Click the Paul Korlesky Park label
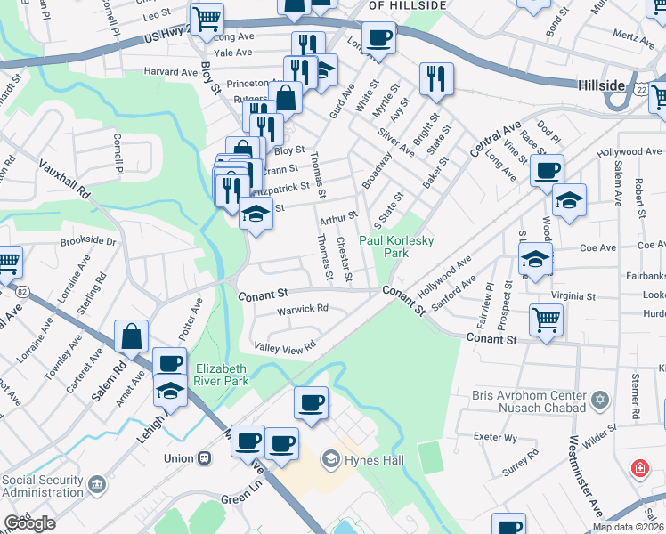click(384, 247)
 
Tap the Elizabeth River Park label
click(219, 374)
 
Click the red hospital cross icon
click(638, 468)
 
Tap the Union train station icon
click(205, 457)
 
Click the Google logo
click(29, 523)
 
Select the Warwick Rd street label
click(302, 309)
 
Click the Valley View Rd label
click(285, 346)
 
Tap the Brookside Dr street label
click(88, 241)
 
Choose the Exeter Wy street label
click(496, 438)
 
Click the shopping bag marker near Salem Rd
click(132, 338)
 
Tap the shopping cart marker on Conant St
click(546, 319)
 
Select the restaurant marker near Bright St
click(436, 78)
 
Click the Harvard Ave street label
click(176, 72)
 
